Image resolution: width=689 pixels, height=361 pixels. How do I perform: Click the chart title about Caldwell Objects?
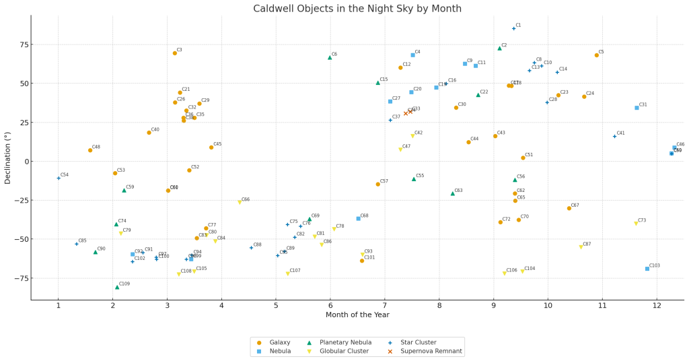(357, 9)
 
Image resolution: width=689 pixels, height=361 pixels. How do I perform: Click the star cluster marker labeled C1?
(513, 28)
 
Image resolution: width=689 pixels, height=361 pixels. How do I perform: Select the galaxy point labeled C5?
(596, 55)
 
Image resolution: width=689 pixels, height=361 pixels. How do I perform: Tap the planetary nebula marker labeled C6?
(330, 57)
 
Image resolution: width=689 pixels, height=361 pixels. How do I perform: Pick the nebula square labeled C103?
(647, 269)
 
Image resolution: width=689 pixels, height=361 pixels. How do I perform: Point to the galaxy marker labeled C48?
(90, 150)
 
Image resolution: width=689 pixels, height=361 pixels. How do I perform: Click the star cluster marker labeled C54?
(59, 178)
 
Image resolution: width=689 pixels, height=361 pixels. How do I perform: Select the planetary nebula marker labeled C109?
(117, 287)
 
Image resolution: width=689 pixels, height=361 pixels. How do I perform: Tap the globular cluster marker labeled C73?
(636, 224)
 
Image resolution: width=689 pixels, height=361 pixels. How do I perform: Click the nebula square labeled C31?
(637, 108)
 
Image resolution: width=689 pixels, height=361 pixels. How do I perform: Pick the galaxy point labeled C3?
(175, 53)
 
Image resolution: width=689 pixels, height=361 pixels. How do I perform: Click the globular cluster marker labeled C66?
(240, 202)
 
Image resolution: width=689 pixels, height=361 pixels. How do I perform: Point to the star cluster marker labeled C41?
(614, 136)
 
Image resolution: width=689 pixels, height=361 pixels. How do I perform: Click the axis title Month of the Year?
(357, 315)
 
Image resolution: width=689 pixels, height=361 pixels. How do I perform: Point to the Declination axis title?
(8, 158)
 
